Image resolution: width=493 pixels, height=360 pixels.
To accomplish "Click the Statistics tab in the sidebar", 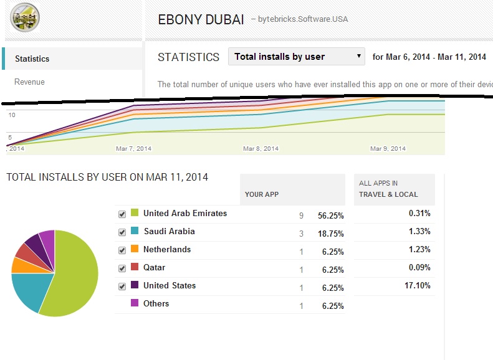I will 32,59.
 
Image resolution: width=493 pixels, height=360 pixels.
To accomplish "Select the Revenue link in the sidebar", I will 29,82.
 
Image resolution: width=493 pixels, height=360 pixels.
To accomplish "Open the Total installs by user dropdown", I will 297,57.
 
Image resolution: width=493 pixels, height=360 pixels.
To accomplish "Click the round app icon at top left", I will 25,18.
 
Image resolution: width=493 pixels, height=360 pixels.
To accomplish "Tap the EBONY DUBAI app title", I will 201,19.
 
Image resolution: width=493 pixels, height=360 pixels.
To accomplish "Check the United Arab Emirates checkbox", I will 122,214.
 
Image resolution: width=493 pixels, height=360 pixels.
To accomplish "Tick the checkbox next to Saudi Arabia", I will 122,232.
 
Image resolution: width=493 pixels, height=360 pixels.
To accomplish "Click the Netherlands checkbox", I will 122,250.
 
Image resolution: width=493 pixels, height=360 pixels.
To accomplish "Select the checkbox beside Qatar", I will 122,268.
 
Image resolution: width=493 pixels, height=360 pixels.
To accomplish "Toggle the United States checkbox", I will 122,287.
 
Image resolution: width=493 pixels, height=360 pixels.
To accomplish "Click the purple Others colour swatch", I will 134,303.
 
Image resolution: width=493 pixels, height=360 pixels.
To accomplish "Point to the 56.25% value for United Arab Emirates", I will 331,216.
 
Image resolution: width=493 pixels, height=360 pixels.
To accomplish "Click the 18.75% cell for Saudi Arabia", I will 331,234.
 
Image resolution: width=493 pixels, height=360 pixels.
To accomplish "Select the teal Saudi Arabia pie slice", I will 28,290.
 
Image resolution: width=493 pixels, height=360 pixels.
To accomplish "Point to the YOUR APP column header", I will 262,194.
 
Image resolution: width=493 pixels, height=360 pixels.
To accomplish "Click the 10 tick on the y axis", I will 11,115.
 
